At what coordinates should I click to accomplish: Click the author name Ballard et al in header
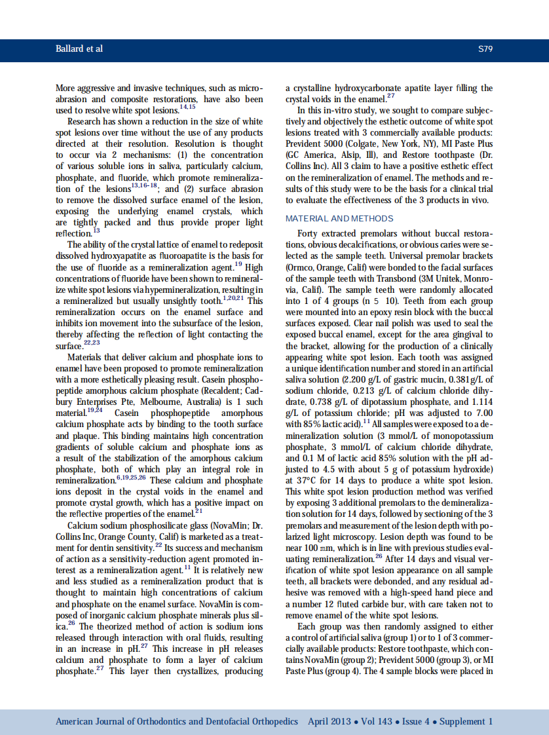tap(79, 49)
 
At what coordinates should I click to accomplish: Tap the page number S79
tap(485, 49)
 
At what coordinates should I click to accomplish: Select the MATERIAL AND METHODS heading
tap(339, 218)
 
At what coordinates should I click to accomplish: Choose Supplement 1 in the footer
tap(466, 722)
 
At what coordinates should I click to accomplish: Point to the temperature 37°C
tap(299, 480)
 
